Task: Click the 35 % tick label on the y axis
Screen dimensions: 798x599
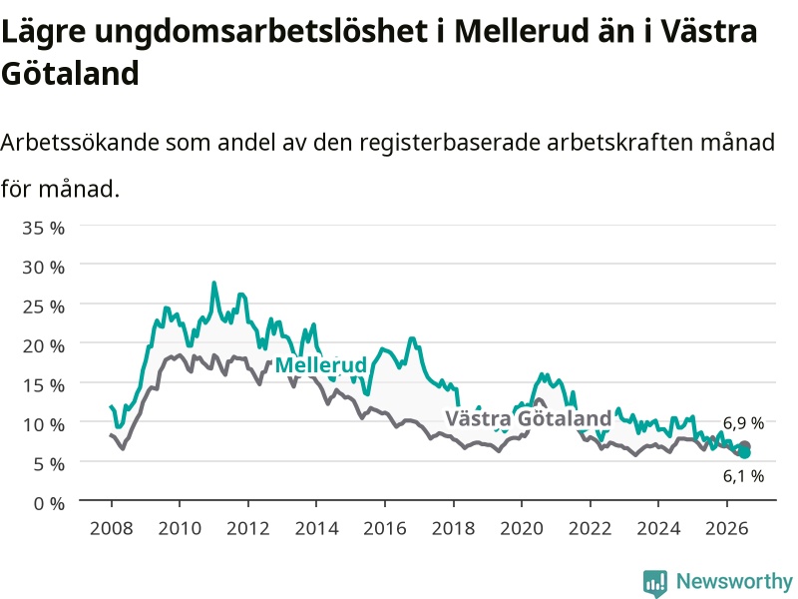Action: pyautogui.click(x=43, y=228)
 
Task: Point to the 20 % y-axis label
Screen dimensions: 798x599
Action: pyautogui.click(x=43, y=346)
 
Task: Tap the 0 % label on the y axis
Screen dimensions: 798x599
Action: pyautogui.click(x=49, y=504)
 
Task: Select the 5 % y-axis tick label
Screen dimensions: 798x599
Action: pyautogui.click(x=49, y=464)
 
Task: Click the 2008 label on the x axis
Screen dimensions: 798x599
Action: pyautogui.click(x=111, y=528)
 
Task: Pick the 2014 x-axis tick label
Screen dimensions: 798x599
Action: pyautogui.click(x=316, y=528)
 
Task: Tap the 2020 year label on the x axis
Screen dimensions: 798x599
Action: pyautogui.click(x=522, y=528)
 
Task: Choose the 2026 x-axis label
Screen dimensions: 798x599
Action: pyautogui.click(x=727, y=528)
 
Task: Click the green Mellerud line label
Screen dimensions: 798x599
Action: pyautogui.click(x=320, y=365)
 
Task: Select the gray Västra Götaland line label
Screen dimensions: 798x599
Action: pyautogui.click(x=529, y=418)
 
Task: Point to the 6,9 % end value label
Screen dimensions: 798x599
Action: pyautogui.click(x=743, y=423)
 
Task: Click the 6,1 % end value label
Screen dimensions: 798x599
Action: pyautogui.click(x=743, y=476)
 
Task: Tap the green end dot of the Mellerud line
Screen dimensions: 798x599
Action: pyautogui.click(x=744, y=453)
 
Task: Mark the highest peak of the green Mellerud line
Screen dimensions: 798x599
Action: pyautogui.click(x=213, y=283)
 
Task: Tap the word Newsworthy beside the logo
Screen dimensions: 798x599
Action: pyautogui.click(x=734, y=581)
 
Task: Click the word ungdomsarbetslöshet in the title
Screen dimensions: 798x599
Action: pyautogui.click(x=260, y=32)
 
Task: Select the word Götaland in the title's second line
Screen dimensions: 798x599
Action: pyautogui.click(x=70, y=73)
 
